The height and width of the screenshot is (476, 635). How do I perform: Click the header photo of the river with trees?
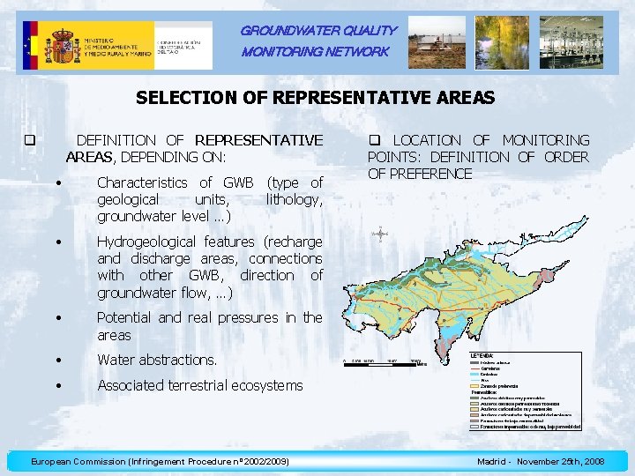pyautogui.click(x=502, y=41)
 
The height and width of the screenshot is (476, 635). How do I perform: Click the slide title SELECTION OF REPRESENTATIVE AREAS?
pyautogui.click(x=316, y=98)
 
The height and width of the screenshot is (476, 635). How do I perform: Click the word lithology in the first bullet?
pyautogui.click(x=294, y=199)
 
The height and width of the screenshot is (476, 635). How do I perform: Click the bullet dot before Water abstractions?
pyautogui.click(x=56, y=360)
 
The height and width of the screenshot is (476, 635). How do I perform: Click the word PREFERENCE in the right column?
pyautogui.click(x=420, y=174)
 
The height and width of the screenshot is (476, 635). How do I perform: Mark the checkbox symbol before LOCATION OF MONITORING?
pyautogui.click(x=373, y=140)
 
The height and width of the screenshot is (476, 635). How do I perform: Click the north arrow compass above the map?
pyautogui.click(x=379, y=234)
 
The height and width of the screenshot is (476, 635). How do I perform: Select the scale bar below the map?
pyautogui.click(x=385, y=361)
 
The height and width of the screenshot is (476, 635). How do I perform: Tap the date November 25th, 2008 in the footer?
pyautogui.click(x=560, y=461)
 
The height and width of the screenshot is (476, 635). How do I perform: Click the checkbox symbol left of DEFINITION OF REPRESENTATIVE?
pyautogui.click(x=29, y=140)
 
